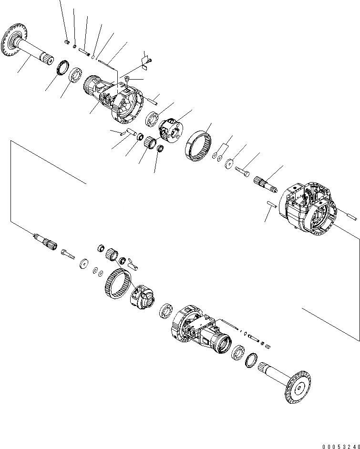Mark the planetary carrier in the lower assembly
[x=143, y=299]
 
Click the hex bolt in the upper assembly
[x=242, y=171]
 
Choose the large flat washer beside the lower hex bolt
[x=85, y=265]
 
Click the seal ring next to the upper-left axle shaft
[x=62, y=67]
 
